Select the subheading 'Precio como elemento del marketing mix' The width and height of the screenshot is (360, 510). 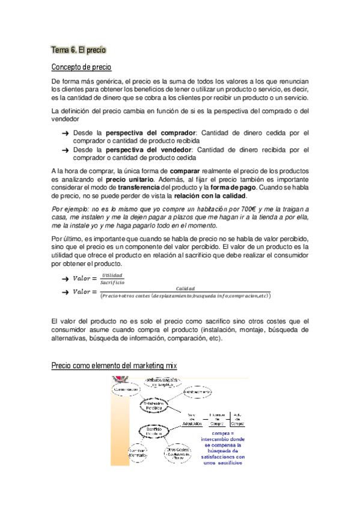[114, 365]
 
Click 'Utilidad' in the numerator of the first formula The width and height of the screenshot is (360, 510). [112, 275]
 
